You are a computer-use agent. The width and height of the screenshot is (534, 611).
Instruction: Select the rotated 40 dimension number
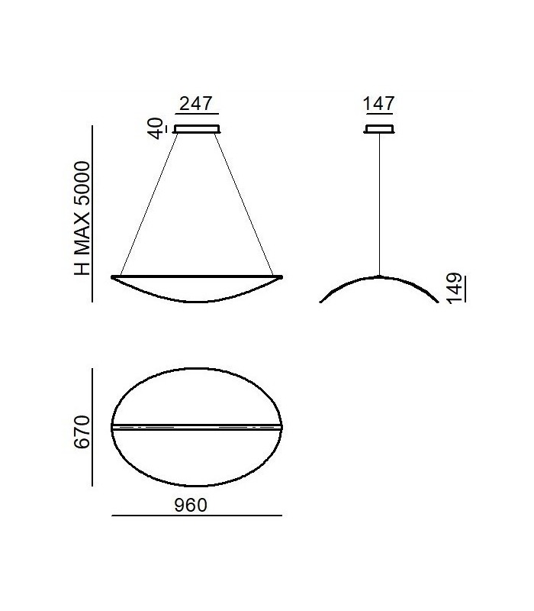[x=159, y=128]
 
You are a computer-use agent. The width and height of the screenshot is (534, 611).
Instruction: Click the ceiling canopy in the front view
[x=198, y=129]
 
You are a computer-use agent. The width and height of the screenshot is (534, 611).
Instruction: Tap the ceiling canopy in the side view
[x=379, y=129]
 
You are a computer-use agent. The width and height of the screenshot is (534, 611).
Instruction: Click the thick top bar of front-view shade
[x=197, y=276]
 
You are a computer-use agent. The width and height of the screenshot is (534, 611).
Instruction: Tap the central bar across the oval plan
[x=197, y=426]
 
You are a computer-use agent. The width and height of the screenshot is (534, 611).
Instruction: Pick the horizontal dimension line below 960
[x=197, y=516]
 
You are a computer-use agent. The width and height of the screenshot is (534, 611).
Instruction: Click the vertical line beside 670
[x=92, y=427]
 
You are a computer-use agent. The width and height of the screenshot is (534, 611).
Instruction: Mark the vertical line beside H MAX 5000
[x=92, y=214]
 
